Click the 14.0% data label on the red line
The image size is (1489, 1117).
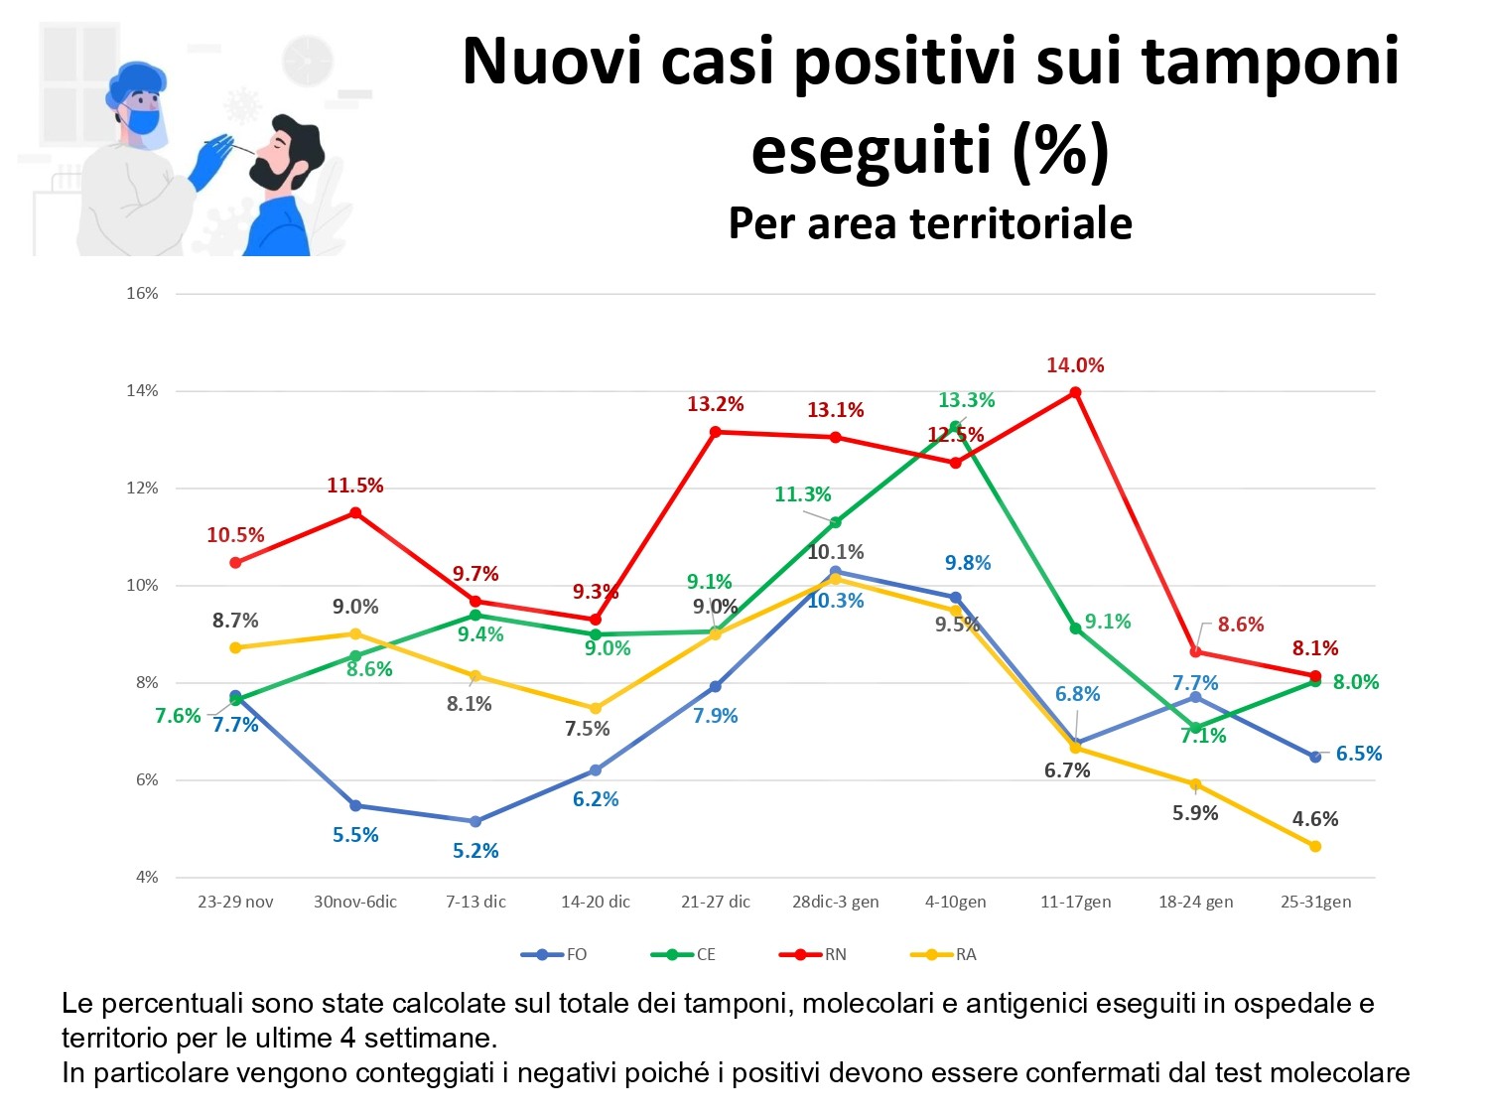(x=1075, y=365)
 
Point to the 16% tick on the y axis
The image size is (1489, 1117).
(x=142, y=294)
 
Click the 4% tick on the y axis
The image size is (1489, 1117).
(x=147, y=878)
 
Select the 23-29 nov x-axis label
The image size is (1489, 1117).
(x=235, y=902)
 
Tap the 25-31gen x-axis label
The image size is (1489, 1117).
(x=1315, y=902)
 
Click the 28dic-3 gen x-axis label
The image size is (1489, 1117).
(x=835, y=902)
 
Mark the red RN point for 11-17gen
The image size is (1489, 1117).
(x=1075, y=392)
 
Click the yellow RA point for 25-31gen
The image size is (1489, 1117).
(x=1315, y=846)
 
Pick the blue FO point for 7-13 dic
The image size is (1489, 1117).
(x=475, y=821)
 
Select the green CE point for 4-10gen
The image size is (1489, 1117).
(x=955, y=427)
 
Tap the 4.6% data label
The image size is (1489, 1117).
(x=1315, y=819)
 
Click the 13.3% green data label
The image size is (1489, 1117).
(x=966, y=400)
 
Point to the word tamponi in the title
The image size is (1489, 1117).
(x=1270, y=62)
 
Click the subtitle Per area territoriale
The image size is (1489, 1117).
(x=930, y=223)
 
